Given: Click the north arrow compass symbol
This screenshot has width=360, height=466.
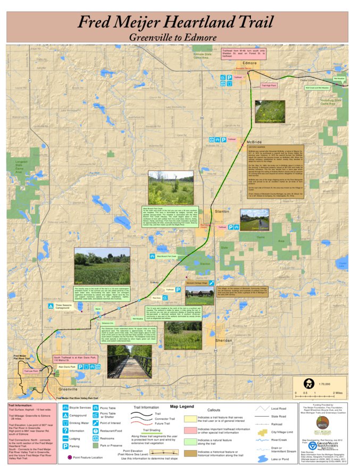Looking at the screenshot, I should tap(307, 383).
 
